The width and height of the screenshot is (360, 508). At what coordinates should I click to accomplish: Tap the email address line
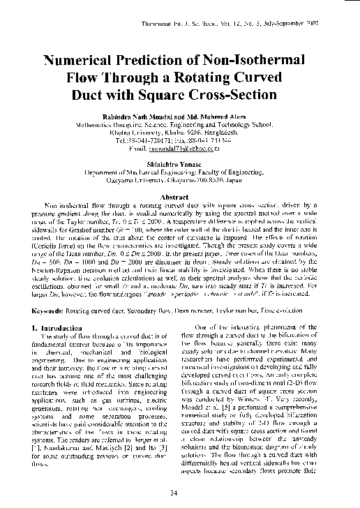[x=181, y=148]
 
